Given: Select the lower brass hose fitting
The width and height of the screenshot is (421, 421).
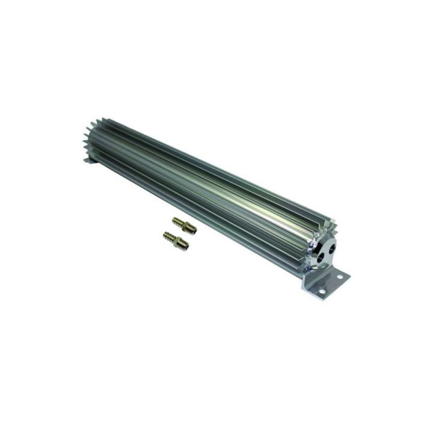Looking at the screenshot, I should (176, 241).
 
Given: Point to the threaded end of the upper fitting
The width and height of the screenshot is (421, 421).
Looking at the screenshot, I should (192, 230).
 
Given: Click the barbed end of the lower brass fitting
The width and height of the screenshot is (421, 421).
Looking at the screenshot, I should (168, 236).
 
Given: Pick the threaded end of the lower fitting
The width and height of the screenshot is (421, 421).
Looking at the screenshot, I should (185, 246).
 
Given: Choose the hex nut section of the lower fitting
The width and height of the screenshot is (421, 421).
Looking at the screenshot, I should (177, 242).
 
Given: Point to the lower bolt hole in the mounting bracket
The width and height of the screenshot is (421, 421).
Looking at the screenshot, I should (322, 291).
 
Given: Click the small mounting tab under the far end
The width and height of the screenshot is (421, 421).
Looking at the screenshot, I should (89, 160).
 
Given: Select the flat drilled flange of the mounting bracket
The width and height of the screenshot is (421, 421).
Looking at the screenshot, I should (331, 285).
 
